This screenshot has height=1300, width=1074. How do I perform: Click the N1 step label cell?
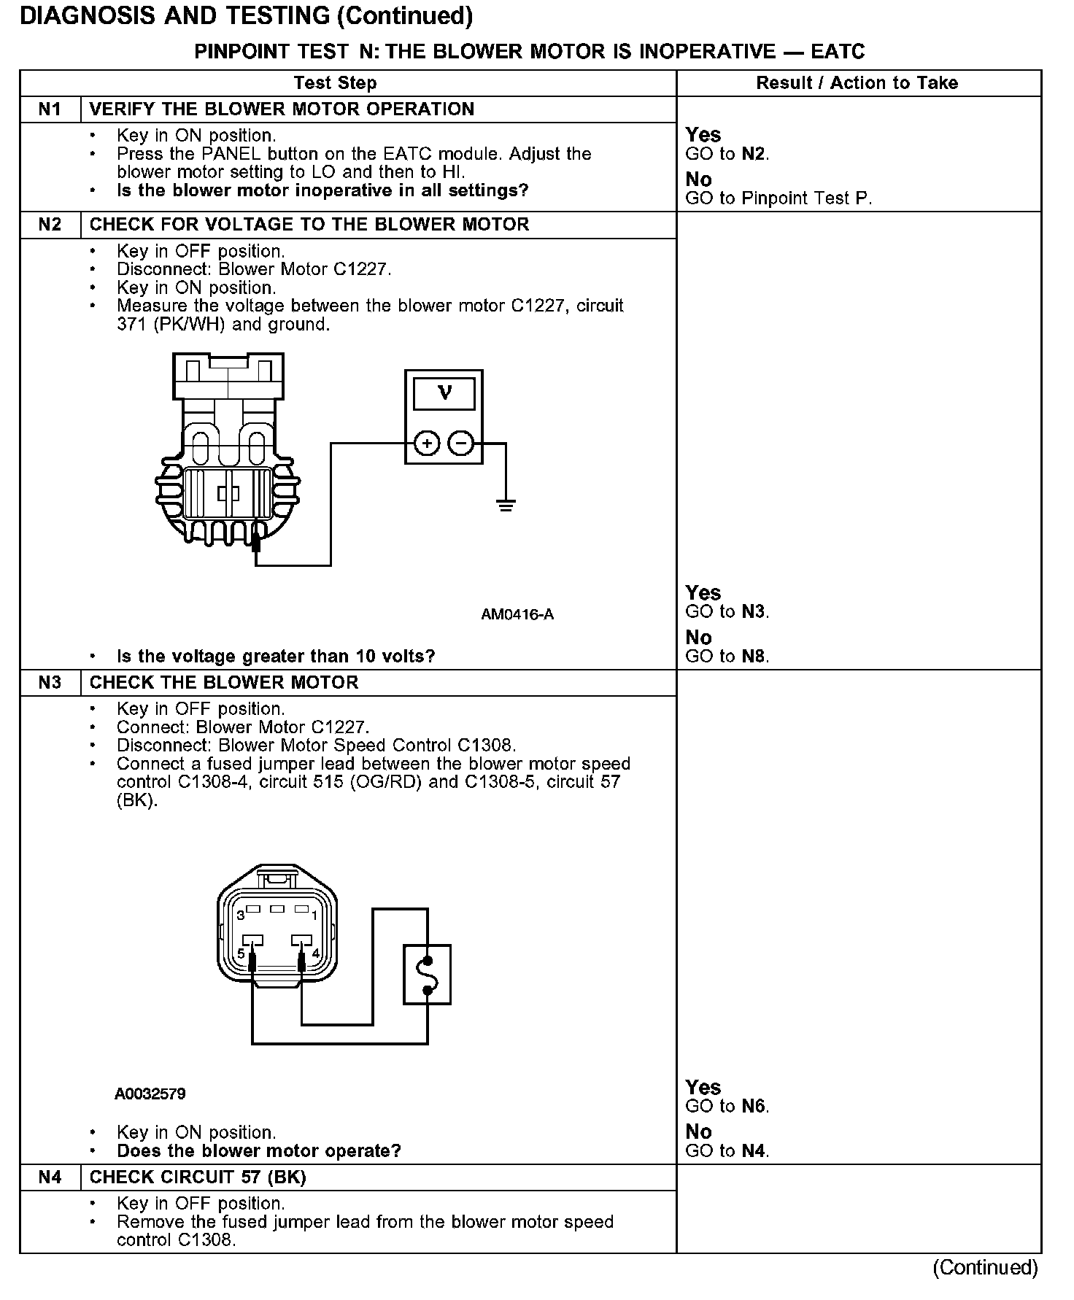pyautogui.click(x=50, y=109)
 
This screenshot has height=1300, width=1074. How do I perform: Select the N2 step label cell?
pyautogui.click(x=50, y=225)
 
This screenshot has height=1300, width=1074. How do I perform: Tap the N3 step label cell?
pyautogui.click(x=50, y=683)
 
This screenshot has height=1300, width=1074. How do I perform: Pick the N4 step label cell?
pyautogui.click(x=50, y=1177)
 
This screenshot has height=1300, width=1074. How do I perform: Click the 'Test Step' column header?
pyautogui.click(x=335, y=83)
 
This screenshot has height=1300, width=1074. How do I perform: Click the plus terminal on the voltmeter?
pyautogui.click(x=427, y=443)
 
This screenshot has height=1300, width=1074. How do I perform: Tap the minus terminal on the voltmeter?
pyautogui.click(x=460, y=443)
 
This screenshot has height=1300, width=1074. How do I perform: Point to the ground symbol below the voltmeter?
pyautogui.click(x=505, y=504)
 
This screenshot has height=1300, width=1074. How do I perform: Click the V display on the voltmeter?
pyautogui.click(x=444, y=394)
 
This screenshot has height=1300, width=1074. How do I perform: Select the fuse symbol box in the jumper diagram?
pyautogui.click(x=427, y=974)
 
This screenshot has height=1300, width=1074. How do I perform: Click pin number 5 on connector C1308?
pyautogui.click(x=242, y=953)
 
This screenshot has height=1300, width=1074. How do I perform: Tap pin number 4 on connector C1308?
pyautogui.click(x=315, y=953)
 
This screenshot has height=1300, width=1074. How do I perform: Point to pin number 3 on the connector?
pyautogui.click(x=240, y=916)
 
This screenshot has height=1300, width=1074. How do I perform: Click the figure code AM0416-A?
pyautogui.click(x=517, y=615)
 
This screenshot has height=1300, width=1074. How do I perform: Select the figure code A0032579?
pyautogui.click(x=150, y=1094)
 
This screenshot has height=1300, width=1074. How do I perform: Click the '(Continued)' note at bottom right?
pyautogui.click(x=984, y=1267)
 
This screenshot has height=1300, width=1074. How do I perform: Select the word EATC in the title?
pyautogui.click(x=838, y=52)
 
